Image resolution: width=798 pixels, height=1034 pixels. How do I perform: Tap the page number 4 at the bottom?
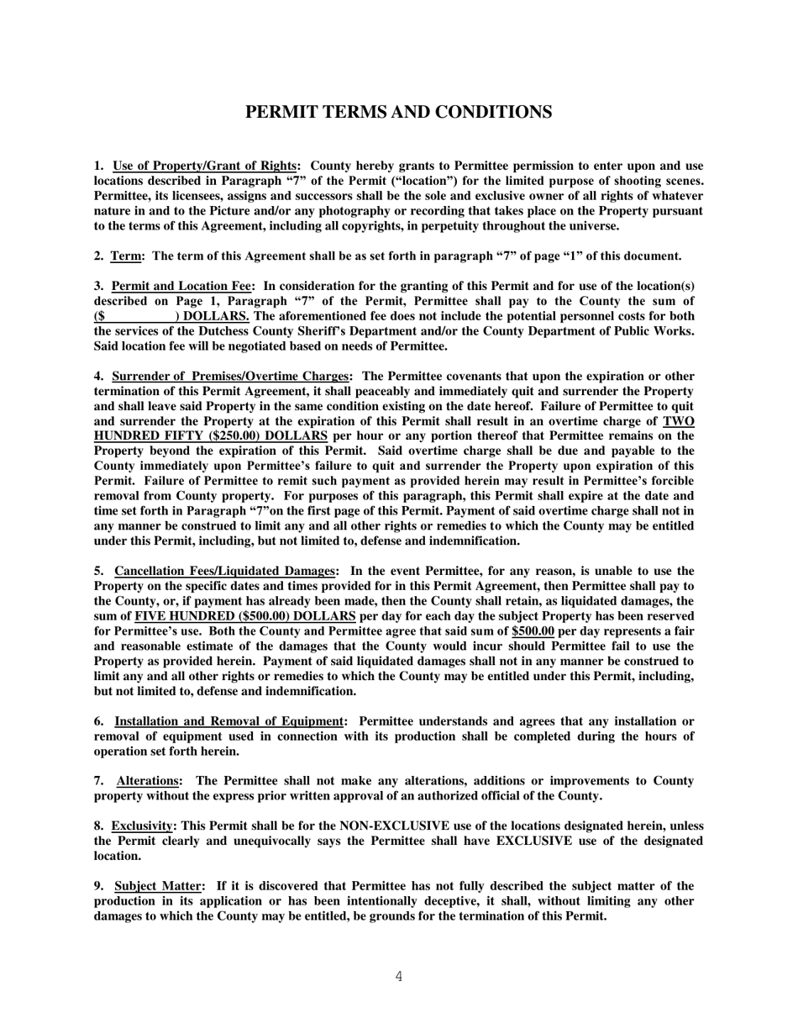398,976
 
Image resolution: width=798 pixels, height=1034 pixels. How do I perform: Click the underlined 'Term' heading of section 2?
127,256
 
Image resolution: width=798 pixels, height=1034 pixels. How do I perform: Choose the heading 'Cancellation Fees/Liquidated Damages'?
224,571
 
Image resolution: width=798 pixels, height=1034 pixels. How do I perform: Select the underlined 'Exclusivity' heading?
141,826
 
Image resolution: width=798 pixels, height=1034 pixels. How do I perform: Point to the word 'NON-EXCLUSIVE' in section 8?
388,826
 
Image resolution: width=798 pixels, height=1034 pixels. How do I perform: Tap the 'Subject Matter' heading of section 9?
158,886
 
